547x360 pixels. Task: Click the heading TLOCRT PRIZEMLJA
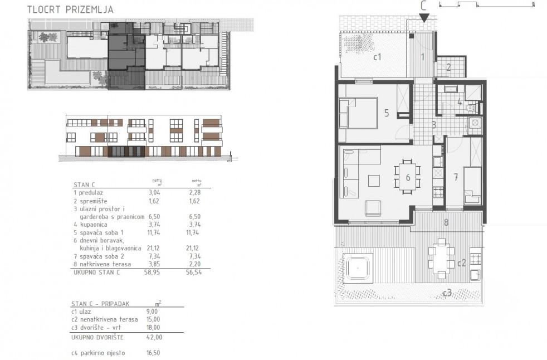pos(71,10)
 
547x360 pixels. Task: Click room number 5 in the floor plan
pos(387,113)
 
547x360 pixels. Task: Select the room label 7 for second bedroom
pos(456,177)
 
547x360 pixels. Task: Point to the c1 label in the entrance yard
pos(377,57)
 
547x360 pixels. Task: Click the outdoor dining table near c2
pos(441,259)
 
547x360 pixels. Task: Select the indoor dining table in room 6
pos(407,177)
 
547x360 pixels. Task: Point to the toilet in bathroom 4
pos(471,108)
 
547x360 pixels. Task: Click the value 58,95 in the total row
pos(152,273)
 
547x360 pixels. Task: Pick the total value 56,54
pos(194,273)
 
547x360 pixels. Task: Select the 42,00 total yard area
pos(154,337)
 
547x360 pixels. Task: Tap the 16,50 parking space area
pos(153,353)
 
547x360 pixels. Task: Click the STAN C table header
pos(84,184)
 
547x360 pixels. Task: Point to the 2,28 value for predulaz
pos(194,192)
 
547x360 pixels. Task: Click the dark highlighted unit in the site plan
pos(126,56)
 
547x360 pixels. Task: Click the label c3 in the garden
pos(447,293)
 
